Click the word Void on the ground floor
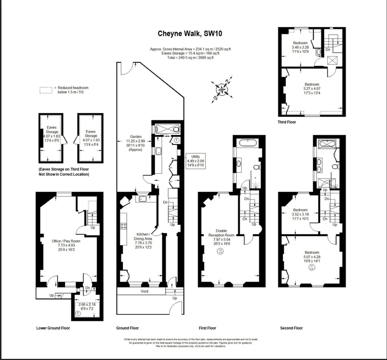[x=145, y=291]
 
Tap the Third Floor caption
[x=287, y=122]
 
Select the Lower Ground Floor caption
[x=53, y=328]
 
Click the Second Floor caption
[x=291, y=328]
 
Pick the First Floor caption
[x=207, y=328]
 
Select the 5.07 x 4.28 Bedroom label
[x=312, y=258]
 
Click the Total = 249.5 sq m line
[x=190, y=58]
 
